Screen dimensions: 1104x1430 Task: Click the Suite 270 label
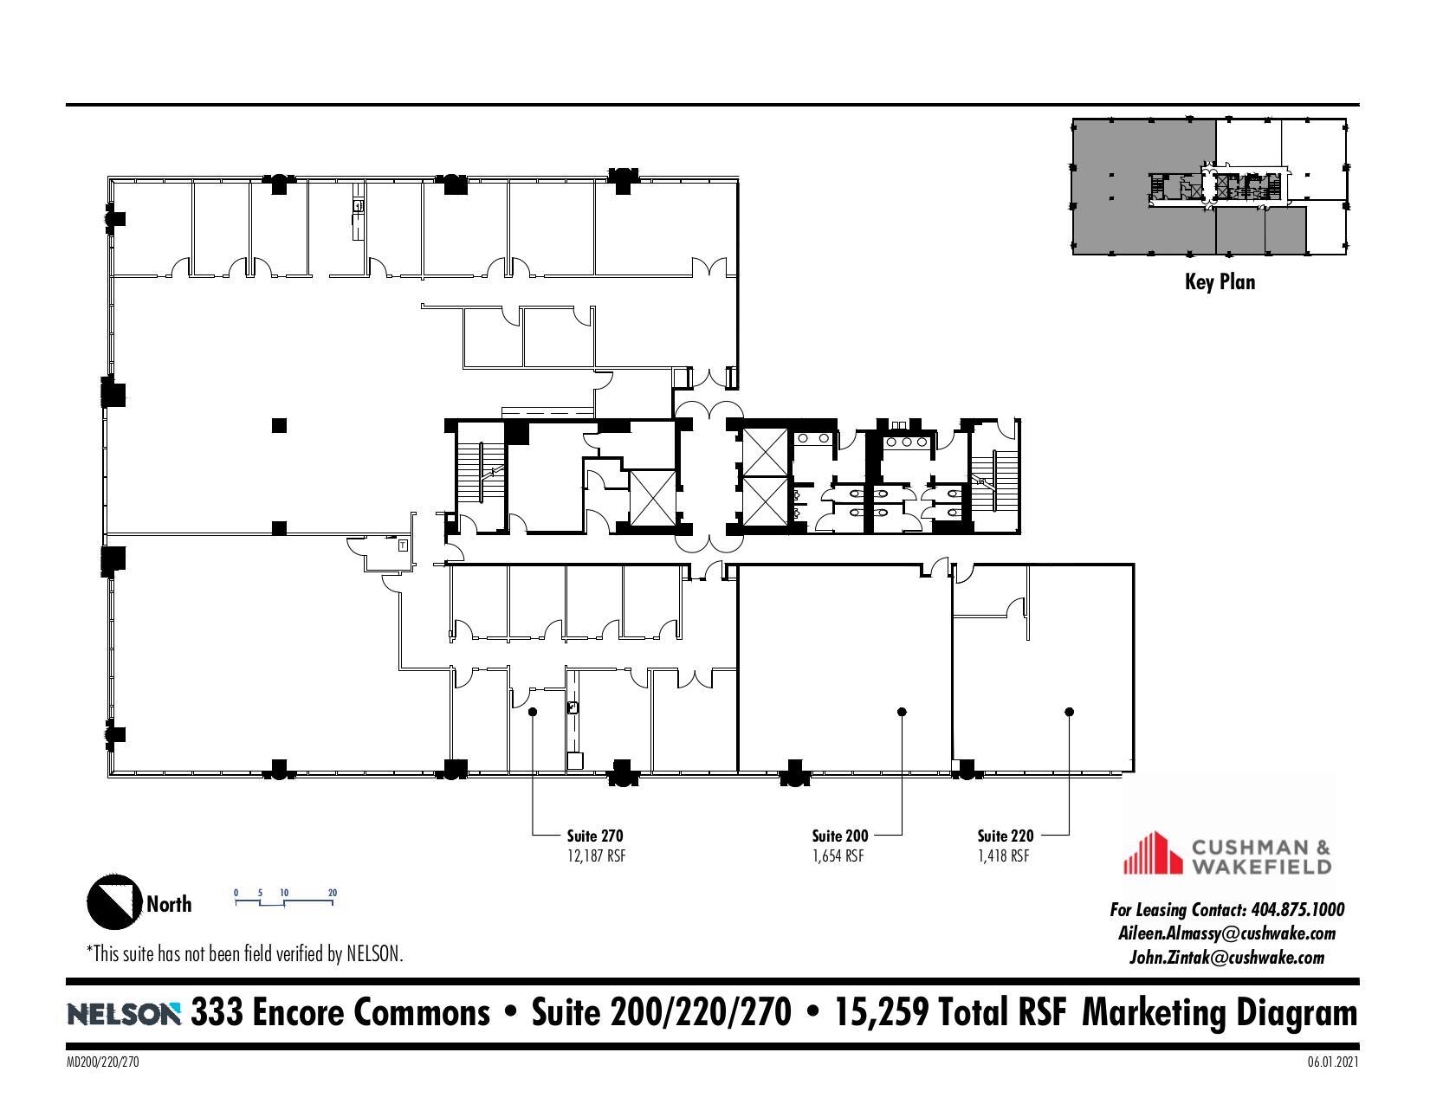[x=594, y=836]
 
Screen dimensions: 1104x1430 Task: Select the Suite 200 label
[x=839, y=836]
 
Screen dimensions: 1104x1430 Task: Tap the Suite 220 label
[x=1005, y=836]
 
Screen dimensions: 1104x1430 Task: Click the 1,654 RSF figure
[x=838, y=856]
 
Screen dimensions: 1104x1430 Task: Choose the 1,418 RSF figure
[x=1003, y=856]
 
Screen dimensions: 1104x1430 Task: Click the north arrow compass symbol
[x=113, y=901]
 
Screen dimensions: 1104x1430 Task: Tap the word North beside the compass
[x=169, y=904]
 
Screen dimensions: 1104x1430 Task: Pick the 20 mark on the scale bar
[x=333, y=893]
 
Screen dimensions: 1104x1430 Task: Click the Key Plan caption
[x=1220, y=281]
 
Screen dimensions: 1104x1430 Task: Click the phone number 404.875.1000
[x=1298, y=909]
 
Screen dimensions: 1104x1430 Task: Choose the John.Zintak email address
[x=1226, y=957]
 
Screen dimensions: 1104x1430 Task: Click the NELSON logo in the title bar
[x=124, y=1013]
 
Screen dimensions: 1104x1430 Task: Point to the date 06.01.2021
[x=1333, y=1062]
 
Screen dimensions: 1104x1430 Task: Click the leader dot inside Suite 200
[x=902, y=712]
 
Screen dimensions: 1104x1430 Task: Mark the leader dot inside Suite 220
[x=1070, y=712]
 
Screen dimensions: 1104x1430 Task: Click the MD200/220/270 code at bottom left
[x=102, y=1062]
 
